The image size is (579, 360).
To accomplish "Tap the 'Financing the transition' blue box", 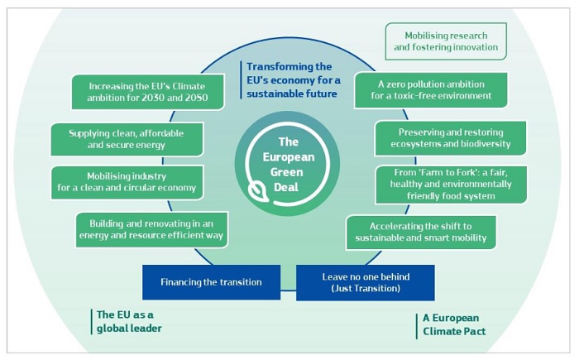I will (211, 282).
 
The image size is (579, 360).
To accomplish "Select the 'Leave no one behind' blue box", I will (365, 282).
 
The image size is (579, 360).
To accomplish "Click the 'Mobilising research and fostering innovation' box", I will (446, 41).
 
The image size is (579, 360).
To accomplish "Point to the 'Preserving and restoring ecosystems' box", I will (451, 137).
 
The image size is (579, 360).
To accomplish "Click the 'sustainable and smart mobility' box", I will (421, 233).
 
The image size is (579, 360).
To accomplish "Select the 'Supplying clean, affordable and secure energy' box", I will (127, 139).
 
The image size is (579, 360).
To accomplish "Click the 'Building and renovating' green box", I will (151, 228).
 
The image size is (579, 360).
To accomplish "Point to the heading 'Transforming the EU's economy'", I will (290, 79).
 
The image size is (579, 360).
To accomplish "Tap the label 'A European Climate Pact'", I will (452, 324).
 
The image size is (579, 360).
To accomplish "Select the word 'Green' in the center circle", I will (288, 171).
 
